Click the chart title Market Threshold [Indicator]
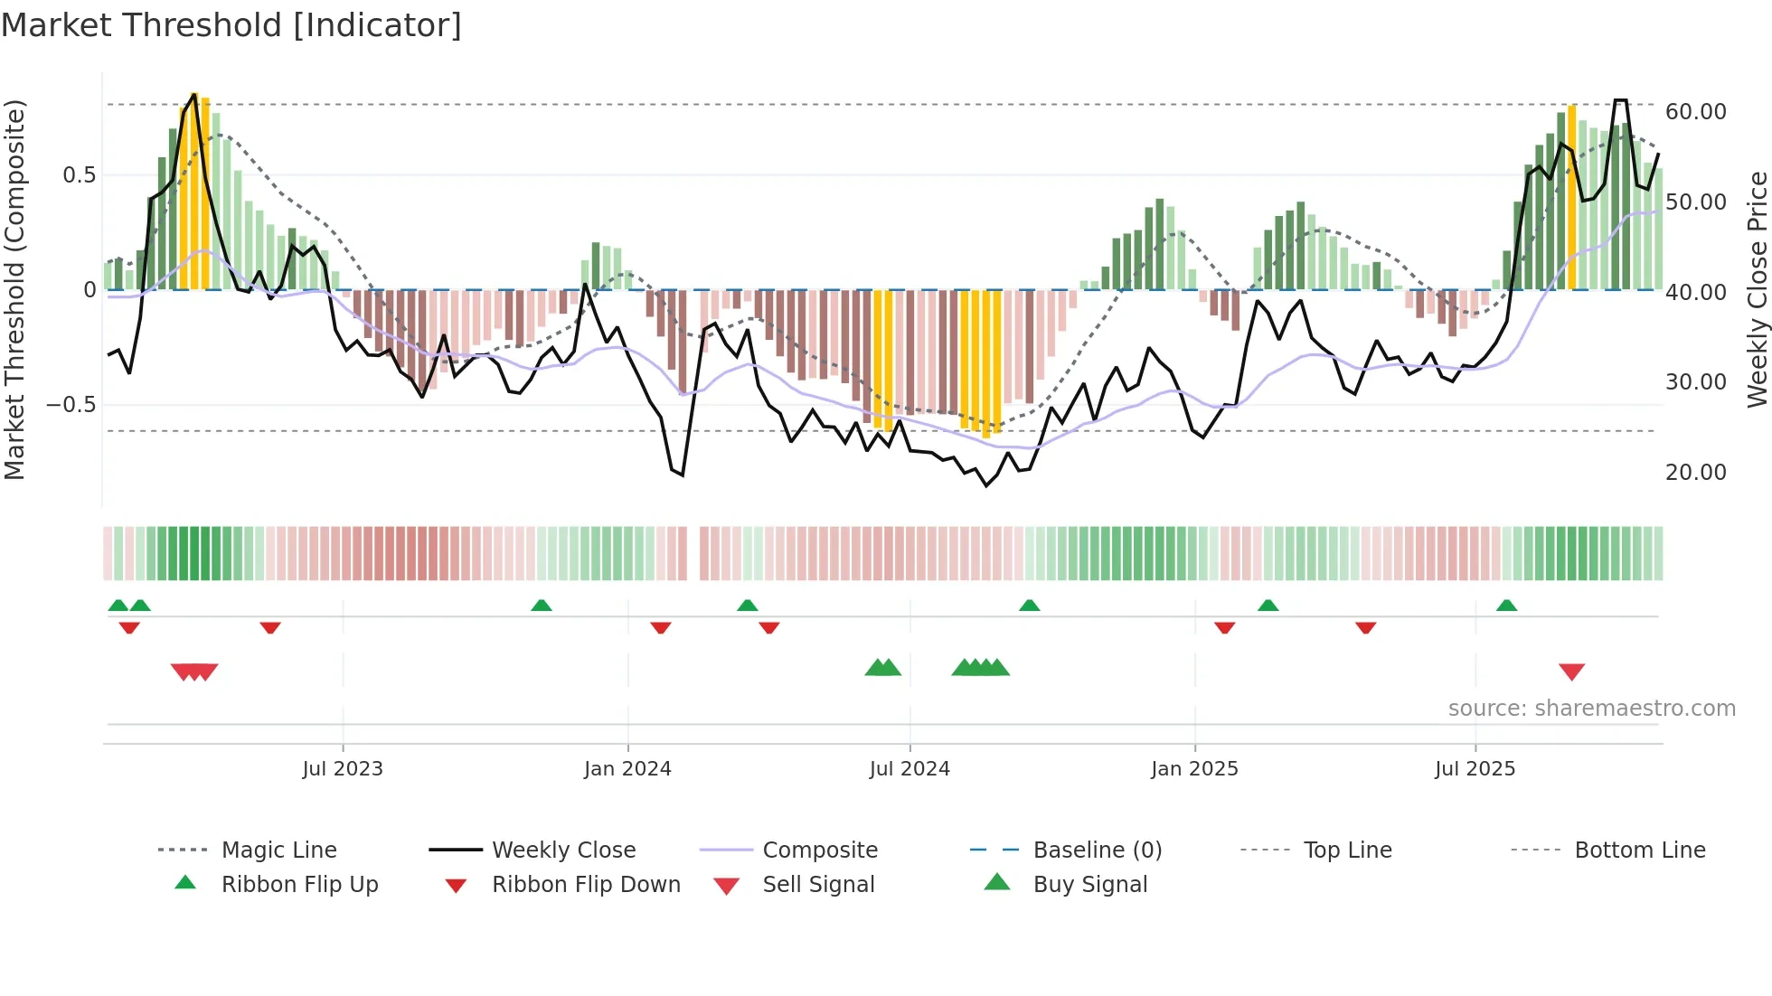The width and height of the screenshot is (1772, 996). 231,25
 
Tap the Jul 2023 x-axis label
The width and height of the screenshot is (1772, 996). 343,769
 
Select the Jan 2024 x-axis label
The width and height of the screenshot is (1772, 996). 627,769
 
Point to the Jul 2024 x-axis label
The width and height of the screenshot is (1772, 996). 910,769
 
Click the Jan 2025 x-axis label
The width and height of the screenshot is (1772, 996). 1194,769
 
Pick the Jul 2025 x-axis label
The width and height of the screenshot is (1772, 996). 1475,769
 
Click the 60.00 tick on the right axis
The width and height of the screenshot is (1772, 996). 1695,112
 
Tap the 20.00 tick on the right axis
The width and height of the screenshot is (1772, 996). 1695,473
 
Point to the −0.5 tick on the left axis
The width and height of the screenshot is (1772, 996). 71,404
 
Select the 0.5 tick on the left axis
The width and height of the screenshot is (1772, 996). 79,175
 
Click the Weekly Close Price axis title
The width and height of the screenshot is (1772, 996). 1757,289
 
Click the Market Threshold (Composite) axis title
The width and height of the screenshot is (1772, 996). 14,289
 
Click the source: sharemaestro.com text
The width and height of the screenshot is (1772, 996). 1591,709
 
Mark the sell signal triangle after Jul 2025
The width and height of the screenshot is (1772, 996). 1571,672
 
